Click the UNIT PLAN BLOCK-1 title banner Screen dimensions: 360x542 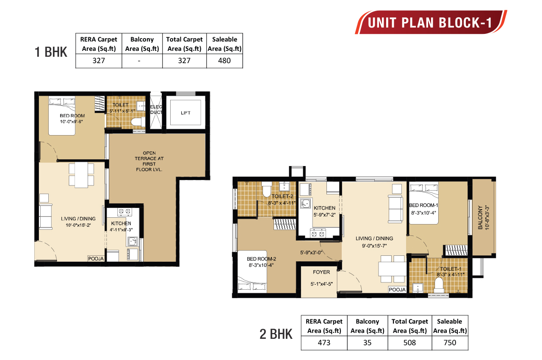[x=430, y=22]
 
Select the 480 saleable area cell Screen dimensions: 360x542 [x=224, y=61]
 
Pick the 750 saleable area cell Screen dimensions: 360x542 [x=450, y=343]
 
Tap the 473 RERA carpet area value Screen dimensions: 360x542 [x=324, y=343]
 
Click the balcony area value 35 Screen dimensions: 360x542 [x=367, y=343]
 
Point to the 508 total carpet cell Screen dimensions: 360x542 [x=410, y=343]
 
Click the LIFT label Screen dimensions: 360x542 [x=185, y=113]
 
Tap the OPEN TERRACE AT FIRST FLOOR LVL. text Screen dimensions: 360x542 [x=149, y=161]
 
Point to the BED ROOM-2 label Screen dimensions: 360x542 [x=261, y=259]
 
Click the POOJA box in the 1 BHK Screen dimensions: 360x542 [x=96, y=258]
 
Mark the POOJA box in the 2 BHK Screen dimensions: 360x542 [x=398, y=290]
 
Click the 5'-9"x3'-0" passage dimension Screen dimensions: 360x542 [x=311, y=253]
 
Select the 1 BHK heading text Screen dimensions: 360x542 [x=50, y=52]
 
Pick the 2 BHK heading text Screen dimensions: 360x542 [x=276, y=334]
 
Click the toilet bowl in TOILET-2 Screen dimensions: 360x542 [x=266, y=190]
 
